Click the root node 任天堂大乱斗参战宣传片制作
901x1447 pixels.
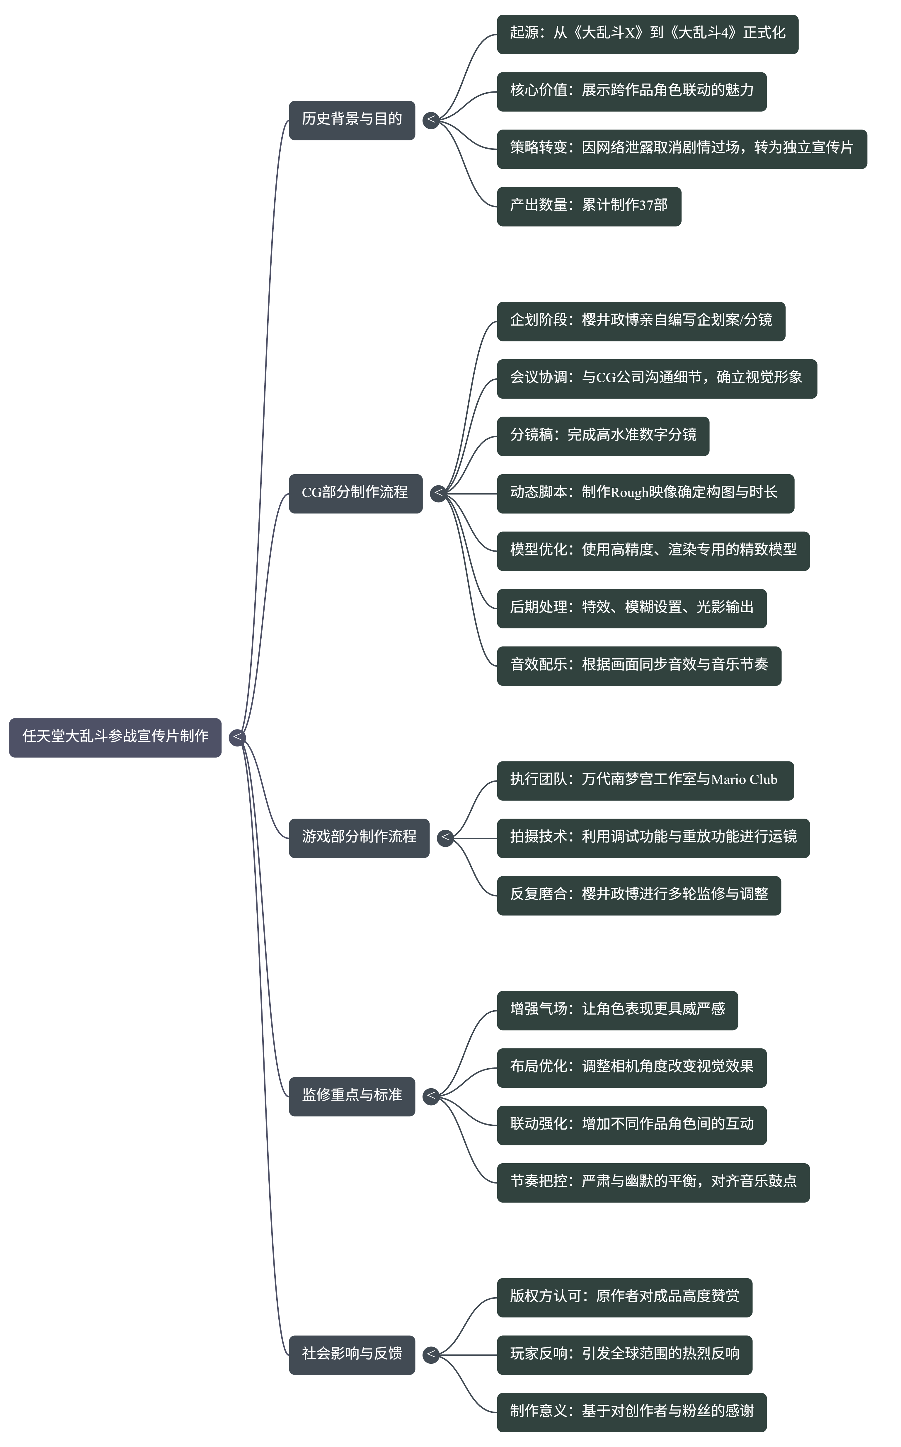(115, 737)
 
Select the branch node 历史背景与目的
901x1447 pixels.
(352, 120)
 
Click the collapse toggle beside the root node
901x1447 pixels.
(237, 737)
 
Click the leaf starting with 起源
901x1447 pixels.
(647, 34)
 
